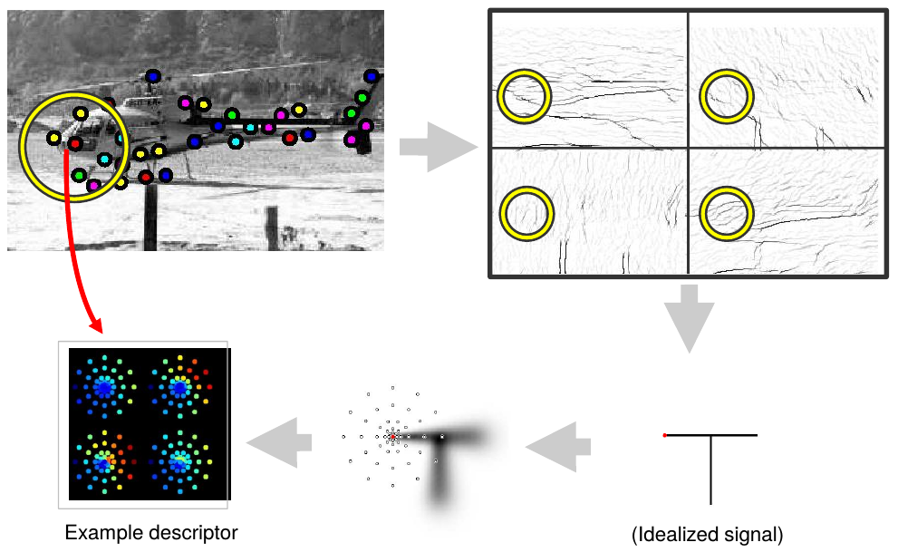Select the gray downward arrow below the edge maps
tap(689, 317)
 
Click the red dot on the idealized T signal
tap(665, 436)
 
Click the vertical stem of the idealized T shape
tap(711, 471)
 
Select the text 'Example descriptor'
tap(151, 533)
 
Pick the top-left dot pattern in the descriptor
tap(104, 388)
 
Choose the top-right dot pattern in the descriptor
tap(179, 388)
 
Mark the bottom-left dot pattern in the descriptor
tap(104, 460)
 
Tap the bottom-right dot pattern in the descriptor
tap(179, 460)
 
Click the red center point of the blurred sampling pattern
tap(393, 437)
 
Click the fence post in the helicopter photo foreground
tap(270, 228)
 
